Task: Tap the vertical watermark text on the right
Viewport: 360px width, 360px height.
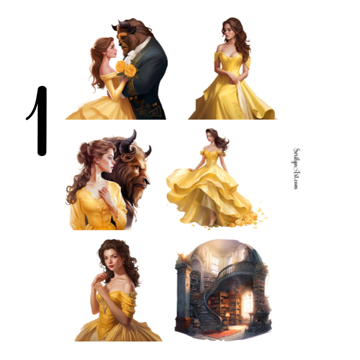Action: point(296,168)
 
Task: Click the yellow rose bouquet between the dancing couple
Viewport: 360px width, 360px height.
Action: point(126,69)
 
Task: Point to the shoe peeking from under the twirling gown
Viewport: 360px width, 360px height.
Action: point(211,224)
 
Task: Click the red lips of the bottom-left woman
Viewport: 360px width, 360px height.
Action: point(111,267)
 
